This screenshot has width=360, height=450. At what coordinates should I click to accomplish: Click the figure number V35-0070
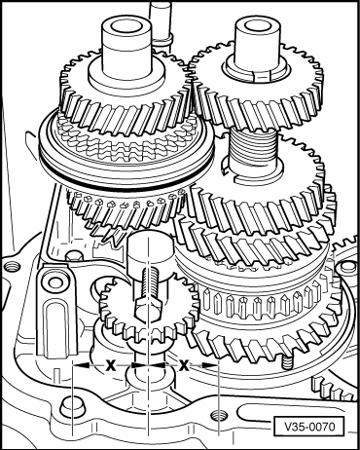[309, 426]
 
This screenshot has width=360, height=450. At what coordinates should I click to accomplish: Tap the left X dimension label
[111, 365]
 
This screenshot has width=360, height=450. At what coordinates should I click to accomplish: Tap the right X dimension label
[184, 365]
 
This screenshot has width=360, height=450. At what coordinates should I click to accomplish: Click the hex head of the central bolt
[148, 308]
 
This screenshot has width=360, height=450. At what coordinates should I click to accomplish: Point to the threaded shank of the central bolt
[150, 282]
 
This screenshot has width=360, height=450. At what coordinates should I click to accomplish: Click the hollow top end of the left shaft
[126, 26]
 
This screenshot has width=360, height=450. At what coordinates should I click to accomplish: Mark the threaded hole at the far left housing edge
[13, 267]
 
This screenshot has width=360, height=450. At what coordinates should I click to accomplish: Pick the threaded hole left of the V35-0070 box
[218, 415]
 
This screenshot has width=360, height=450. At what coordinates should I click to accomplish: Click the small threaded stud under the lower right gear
[287, 361]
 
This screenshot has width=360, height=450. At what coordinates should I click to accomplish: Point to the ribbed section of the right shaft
[254, 144]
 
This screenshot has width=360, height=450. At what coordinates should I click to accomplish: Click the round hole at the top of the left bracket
[55, 281]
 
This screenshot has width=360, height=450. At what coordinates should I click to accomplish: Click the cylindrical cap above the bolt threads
[149, 251]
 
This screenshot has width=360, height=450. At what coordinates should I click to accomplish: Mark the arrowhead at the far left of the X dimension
[82, 365]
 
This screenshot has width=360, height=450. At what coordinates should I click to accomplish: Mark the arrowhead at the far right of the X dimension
[210, 365]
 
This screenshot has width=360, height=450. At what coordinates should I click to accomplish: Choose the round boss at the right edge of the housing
[347, 267]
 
